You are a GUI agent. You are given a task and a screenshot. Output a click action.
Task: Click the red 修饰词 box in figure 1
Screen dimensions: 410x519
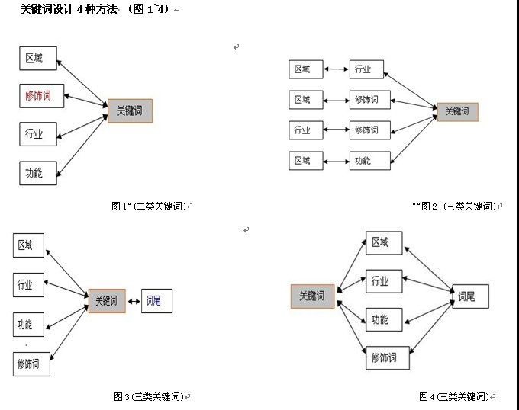[x=38, y=96]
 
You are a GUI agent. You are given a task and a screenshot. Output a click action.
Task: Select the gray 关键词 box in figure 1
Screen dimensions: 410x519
[x=130, y=111]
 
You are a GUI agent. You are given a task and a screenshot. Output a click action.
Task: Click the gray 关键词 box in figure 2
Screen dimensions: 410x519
[x=457, y=111]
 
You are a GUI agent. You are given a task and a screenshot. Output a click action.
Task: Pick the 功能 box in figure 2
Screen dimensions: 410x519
[x=370, y=160]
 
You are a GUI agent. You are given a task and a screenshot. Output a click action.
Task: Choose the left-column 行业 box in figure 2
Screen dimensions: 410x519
[x=303, y=130]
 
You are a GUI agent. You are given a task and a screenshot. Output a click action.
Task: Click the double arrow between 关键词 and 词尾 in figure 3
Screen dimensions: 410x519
[x=134, y=301]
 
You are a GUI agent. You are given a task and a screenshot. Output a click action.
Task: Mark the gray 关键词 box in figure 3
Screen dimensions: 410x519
[x=106, y=301]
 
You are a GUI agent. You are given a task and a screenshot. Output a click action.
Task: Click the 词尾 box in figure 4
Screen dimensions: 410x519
[x=469, y=296]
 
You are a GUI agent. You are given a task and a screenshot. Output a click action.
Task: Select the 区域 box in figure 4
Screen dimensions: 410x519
[x=383, y=243]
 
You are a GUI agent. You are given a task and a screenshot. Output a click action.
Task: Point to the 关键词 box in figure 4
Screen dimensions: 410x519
[x=312, y=296]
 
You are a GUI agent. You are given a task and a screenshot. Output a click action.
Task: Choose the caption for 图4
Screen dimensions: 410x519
[x=453, y=396]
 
